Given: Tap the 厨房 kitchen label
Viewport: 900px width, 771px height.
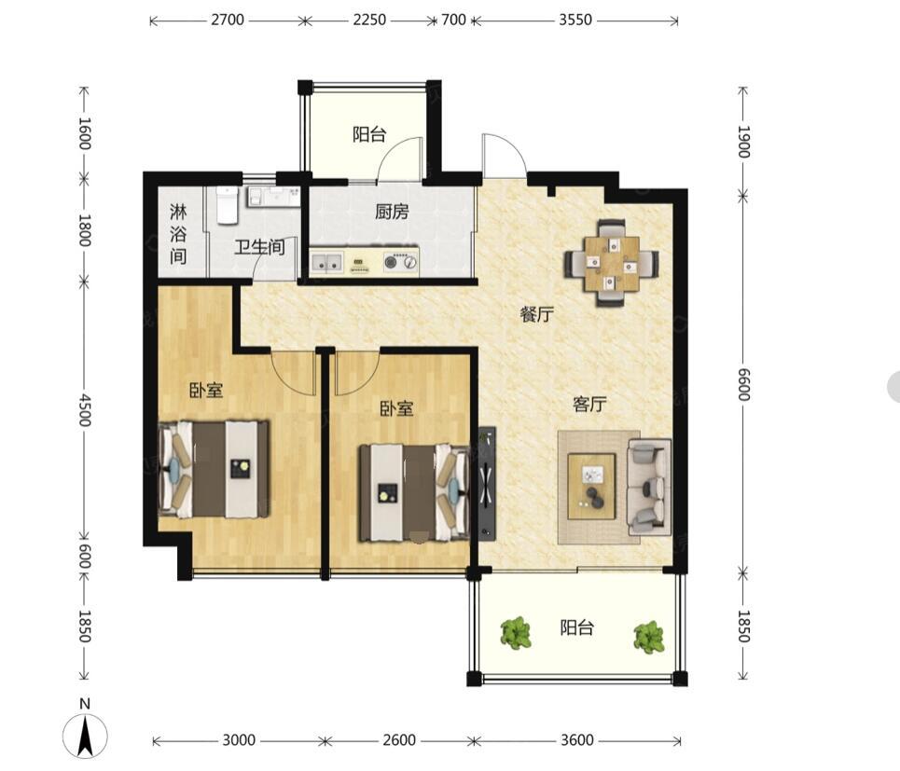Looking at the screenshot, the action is click(392, 212).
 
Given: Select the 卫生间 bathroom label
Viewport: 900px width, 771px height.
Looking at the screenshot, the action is click(259, 247).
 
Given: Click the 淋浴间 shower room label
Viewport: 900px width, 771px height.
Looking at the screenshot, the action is click(178, 234).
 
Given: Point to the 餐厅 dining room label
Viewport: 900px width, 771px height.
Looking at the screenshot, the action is click(536, 314).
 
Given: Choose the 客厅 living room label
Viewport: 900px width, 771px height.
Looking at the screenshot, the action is click(589, 404).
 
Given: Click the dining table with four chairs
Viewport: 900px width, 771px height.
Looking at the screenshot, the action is click(611, 263).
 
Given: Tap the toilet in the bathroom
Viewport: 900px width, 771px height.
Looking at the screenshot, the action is click(227, 205).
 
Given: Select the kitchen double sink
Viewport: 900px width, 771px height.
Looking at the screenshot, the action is click(326, 263).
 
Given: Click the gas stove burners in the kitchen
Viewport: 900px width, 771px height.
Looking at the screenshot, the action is click(401, 262).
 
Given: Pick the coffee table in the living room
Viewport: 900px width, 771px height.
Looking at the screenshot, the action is click(592, 487).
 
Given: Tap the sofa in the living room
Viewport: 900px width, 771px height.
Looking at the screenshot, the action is click(650, 487).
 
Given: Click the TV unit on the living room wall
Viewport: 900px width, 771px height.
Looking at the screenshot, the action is click(488, 483).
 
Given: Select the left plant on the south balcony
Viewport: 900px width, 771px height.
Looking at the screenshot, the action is click(516, 633).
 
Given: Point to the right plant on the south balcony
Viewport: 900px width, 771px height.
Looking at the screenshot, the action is click(649, 637).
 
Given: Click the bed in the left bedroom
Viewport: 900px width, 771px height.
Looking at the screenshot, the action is click(214, 469).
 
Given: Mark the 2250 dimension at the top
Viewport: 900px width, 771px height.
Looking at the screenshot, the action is click(369, 21).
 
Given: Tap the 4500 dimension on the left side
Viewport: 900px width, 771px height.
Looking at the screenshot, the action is click(84, 409).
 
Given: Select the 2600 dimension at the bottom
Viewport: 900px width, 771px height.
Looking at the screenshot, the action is click(399, 739).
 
